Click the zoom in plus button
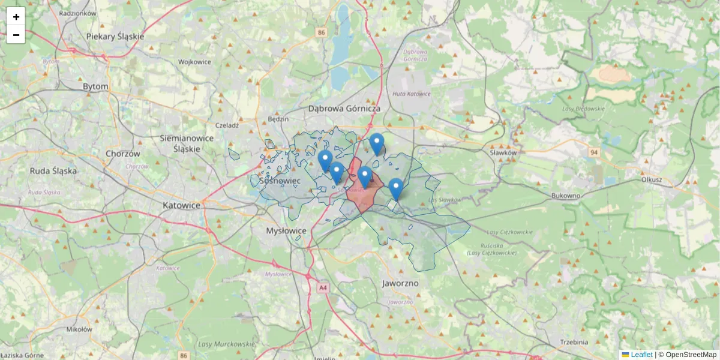(16, 16)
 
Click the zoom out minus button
(16, 35)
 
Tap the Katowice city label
(181, 205)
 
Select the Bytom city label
(95, 86)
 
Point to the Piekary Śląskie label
(115, 36)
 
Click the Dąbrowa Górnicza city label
(344, 109)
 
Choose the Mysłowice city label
(286, 230)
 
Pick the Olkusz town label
(651, 179)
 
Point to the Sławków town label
(503, 153)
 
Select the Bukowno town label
(566, 196)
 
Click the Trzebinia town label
(574, 341)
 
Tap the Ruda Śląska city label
(53, 170)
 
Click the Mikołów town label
(79, 329)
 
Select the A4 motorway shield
(323, 288)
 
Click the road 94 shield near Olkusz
(594, 153)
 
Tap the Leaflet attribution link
(641, 355)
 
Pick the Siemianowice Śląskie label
(187, 143)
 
